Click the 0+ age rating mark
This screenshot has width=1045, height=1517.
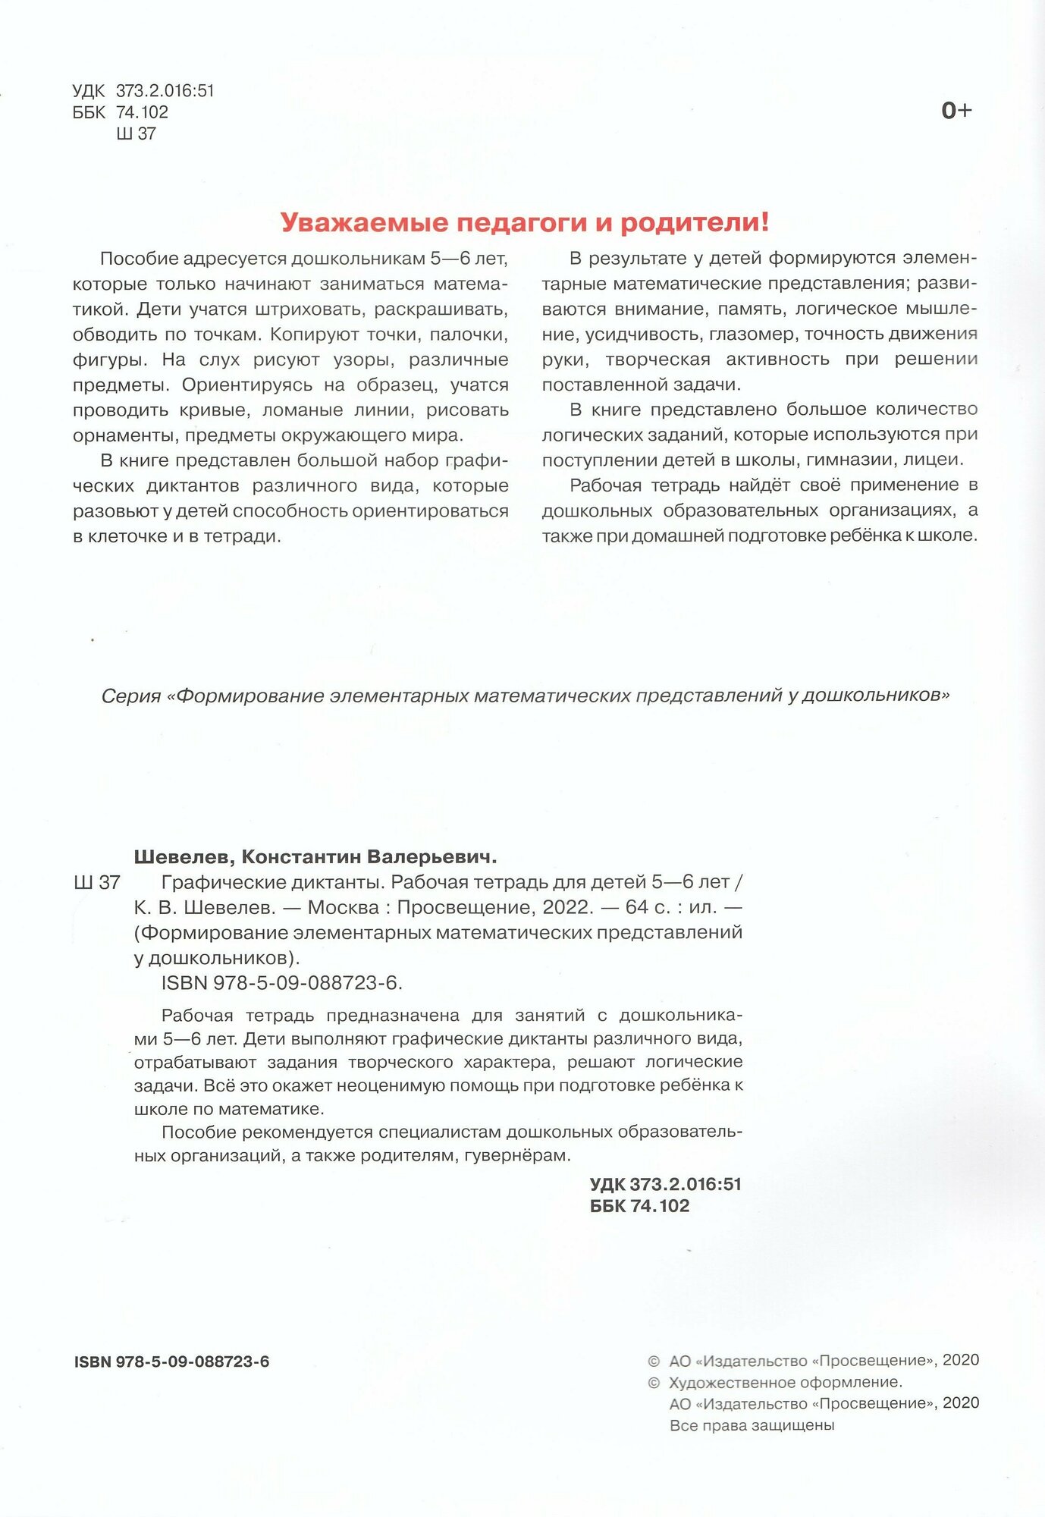pyautogui.click(x=956, y=111)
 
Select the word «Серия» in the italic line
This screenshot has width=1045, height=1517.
pyautogui.click(x=131, y=696)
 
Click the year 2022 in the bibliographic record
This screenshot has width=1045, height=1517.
pyautogui.click(x=566, y=907)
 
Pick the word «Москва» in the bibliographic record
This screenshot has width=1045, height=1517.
pyautogui.click(x=344, y=907)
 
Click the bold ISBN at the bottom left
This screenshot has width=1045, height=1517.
pyautogui.click(x=171, y=1362)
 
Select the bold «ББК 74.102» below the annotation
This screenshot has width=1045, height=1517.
pyautogui.click(x=639, y=1206)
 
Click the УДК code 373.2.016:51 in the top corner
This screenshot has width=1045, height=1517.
pyautogui.click(x=165, y=91)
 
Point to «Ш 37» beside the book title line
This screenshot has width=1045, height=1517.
pyautogui.click(x=96, y=882)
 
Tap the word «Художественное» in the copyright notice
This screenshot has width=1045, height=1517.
pyautogui.click(x=729, y=1382)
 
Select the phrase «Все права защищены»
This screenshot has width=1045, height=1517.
pyautogui.click(x=752, y=1425)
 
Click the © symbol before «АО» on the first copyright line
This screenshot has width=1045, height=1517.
pyautogui.click(x=654, y=1361)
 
